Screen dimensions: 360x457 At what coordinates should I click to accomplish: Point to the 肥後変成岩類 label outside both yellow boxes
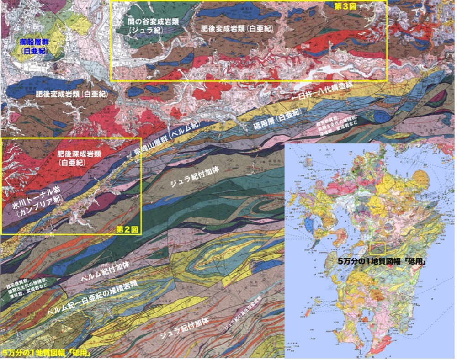click(x=71, y=94)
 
